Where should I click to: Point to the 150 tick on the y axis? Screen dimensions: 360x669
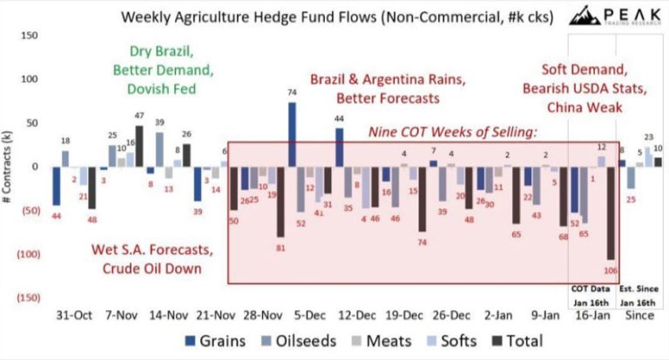click(28, 35)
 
